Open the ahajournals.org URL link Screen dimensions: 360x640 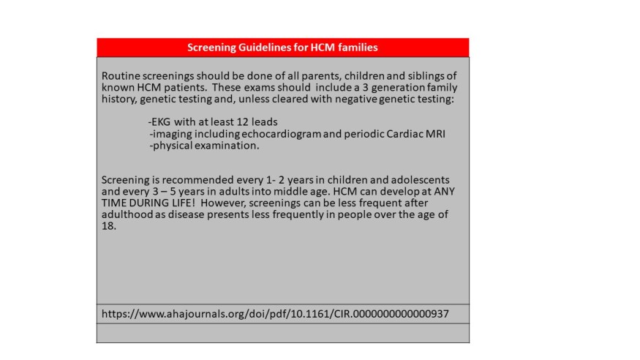pos(275,313)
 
